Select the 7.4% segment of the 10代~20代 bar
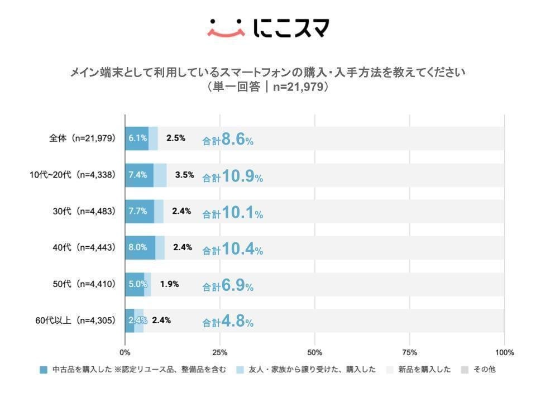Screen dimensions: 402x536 (138, 175)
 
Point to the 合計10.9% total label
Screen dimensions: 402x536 (232, 177)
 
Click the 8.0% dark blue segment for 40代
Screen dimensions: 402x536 (140, 247)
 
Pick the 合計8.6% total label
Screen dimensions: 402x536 (228, 141)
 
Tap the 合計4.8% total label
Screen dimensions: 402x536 (228, 322)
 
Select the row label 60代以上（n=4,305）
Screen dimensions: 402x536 (75, 320)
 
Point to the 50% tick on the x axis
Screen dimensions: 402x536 (315, 352)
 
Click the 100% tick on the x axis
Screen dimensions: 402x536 (504, 352)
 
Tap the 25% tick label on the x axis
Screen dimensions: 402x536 (220, 352)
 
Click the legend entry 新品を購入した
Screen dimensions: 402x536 (423, 370)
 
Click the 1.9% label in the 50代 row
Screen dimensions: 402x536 (169, 284)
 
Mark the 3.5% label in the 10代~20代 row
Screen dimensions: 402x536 (184, 175)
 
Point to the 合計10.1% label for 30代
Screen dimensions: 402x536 (232, 213)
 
